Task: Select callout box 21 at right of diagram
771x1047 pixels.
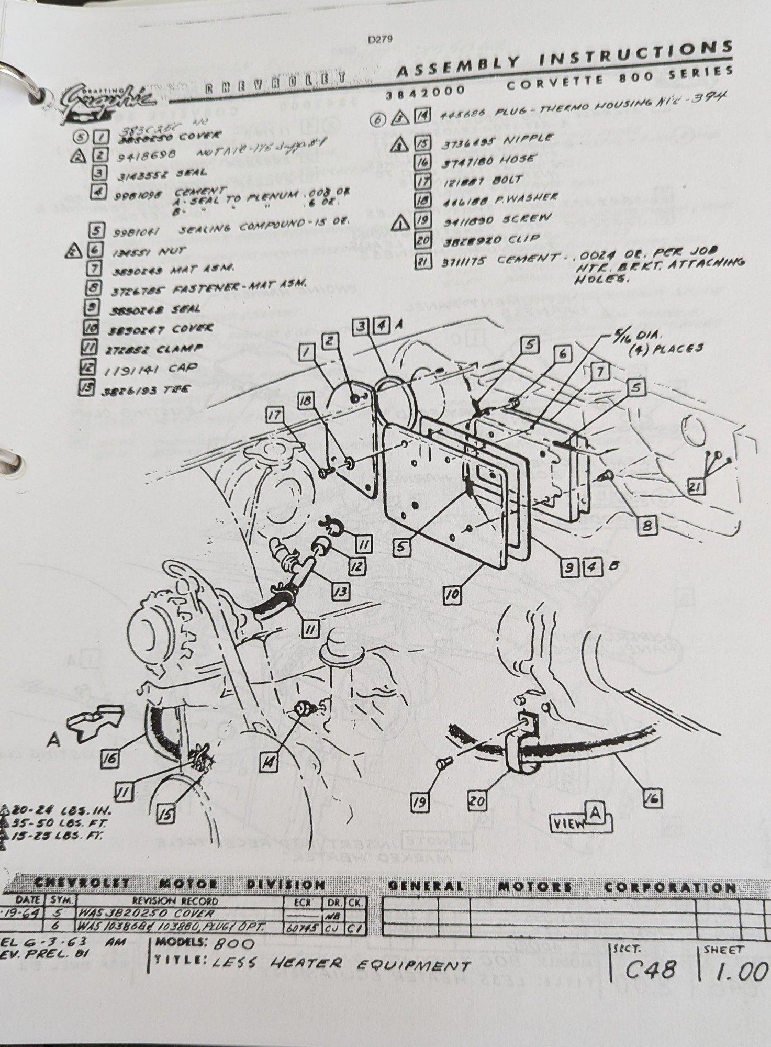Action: [694, 487]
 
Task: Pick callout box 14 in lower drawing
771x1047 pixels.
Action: [269, 764]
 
